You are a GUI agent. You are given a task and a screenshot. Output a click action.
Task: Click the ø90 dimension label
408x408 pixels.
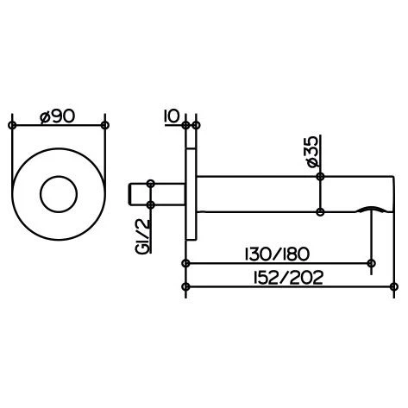tap(58, 115)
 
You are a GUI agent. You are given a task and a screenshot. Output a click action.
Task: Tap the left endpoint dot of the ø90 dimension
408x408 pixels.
tap(12, 125)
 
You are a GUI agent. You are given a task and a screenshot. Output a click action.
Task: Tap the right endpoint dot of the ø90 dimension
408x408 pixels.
tap(105, 125)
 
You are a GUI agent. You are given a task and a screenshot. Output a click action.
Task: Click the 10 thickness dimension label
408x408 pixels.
tap(169, 115)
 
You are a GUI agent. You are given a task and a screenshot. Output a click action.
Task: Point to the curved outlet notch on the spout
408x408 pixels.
tap(368, 210)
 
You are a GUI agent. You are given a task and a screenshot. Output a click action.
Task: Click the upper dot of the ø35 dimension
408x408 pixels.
tap(320, 177)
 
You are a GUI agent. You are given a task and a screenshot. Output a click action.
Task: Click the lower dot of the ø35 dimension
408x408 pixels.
tap(320, 211)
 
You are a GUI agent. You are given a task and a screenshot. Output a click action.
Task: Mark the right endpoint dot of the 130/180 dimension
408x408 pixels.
tap(371, 263)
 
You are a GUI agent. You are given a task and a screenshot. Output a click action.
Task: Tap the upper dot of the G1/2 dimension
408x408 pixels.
tap(151, 183)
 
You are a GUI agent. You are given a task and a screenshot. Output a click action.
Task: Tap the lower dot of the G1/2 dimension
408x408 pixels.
tap(151, 204)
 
